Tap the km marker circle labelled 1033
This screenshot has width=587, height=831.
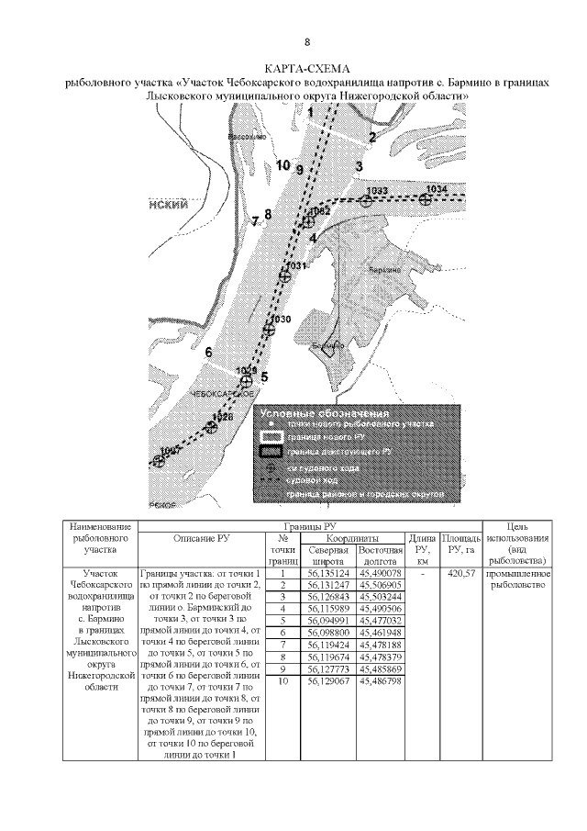[367, 200]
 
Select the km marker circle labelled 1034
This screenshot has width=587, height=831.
[426, 198]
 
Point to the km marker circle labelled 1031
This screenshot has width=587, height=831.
[286, 275]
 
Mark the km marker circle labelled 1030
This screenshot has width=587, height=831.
[269, 329]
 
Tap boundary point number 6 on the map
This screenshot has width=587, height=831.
[209, 353]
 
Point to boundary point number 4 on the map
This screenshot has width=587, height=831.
[314, 238]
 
